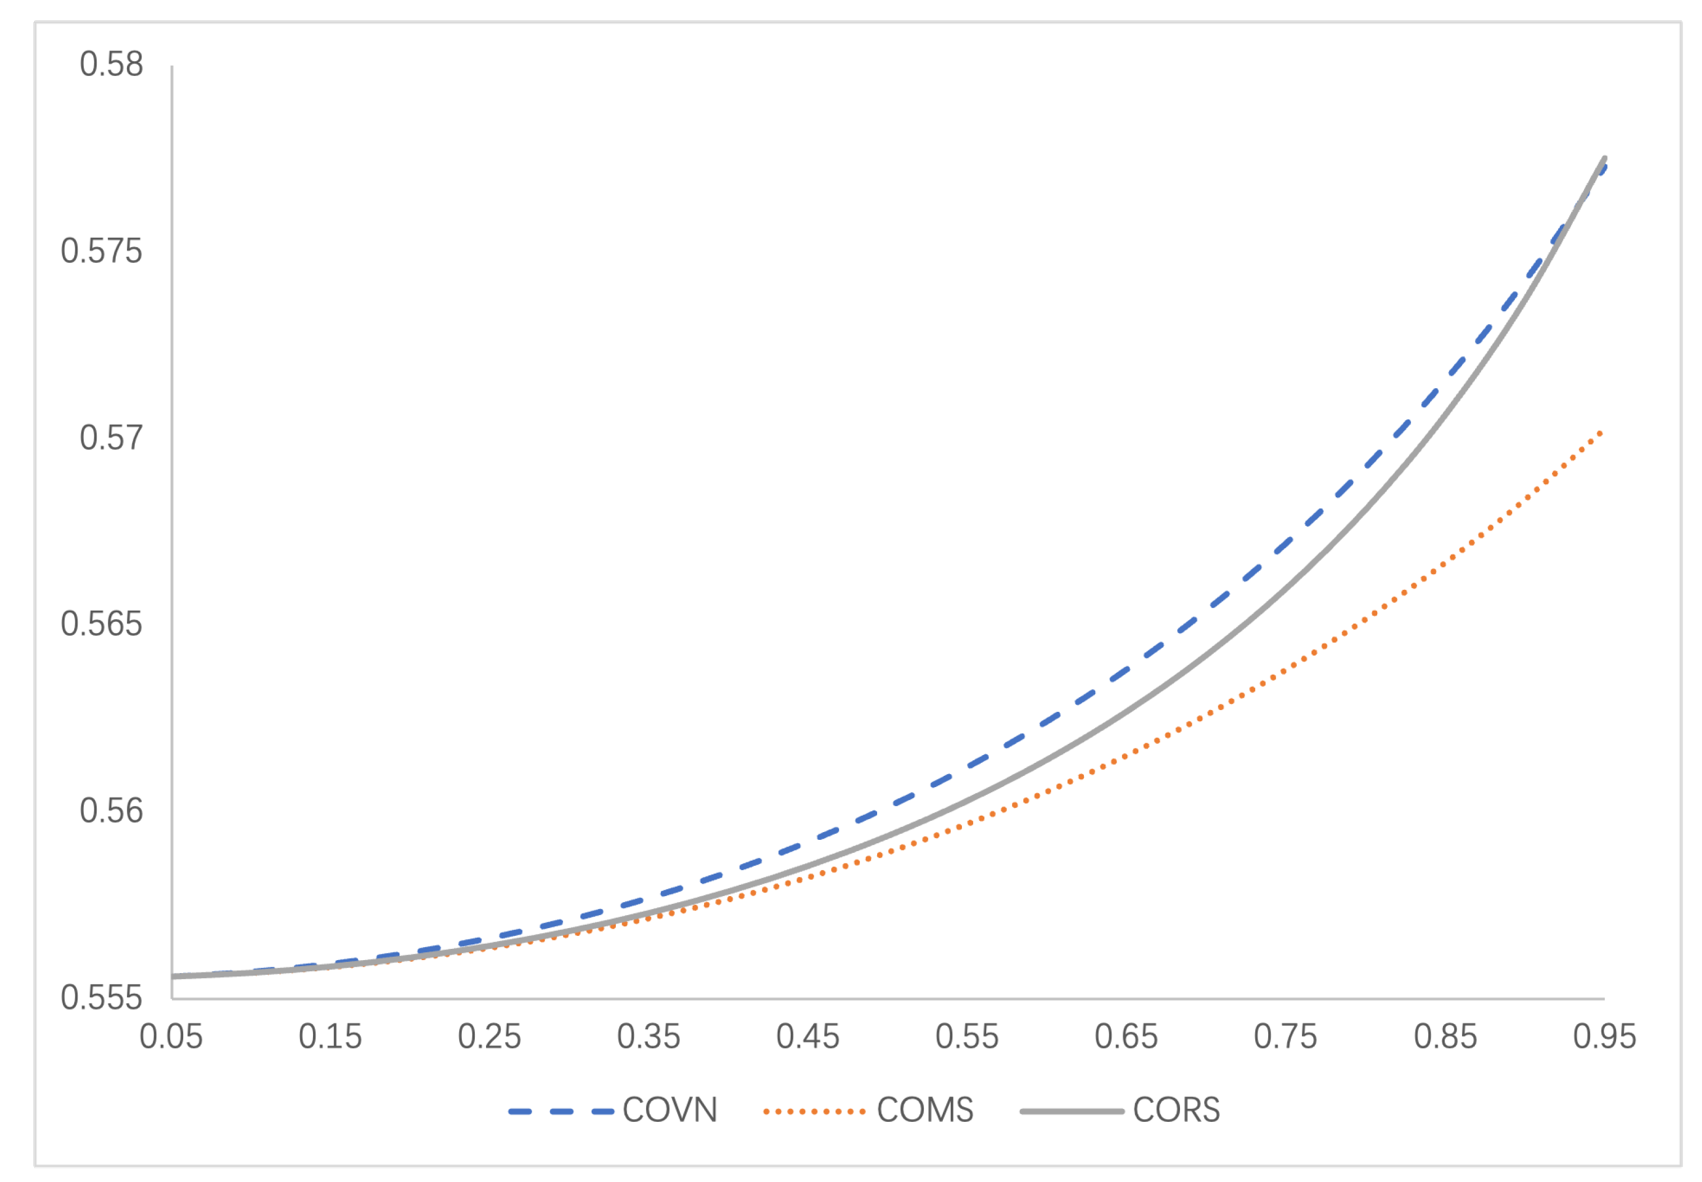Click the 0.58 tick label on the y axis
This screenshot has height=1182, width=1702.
[x=111, y=65]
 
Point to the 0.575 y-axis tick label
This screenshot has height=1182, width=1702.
[x=102, y=252]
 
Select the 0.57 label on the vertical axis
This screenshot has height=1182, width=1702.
[x=111, y=438]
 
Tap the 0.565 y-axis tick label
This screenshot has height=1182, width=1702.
[x=102, y=624]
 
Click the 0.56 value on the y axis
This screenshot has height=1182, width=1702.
[x=111, y=811]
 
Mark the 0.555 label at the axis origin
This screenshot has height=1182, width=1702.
[x=102, y=998]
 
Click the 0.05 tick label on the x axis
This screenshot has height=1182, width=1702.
[x=171, y=1037]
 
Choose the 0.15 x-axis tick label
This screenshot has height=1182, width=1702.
[x=330, y=1037]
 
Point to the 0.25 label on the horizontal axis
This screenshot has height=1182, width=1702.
[x=489, y=1037]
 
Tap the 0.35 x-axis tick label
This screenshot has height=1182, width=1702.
[x=649, y=1037]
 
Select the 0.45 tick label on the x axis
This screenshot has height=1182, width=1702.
[x=808, y=1037]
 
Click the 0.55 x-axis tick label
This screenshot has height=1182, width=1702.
[x=967, y=1037]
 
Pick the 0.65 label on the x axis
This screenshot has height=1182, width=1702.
[x=1127, y=1037]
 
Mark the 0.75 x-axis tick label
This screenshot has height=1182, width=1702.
[x=1286, y=1037]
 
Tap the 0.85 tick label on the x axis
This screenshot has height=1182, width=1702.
[x=1446, y=1037]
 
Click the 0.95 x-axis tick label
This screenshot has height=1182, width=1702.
[x=1605, y=1037]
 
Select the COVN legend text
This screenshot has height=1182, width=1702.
[x=670, y=1110]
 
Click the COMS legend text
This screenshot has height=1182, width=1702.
[x=925, y=1110]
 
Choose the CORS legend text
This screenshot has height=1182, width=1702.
[x=1177, y=1110]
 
